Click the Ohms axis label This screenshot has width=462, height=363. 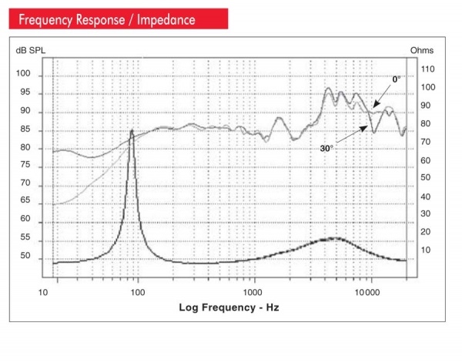(421, 50)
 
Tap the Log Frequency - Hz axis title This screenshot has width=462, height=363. (229, 308)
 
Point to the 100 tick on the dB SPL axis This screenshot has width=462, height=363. (25, 75)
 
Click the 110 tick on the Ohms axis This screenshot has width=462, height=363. (427, 69)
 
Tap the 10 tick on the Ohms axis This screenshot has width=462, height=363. (425, 250)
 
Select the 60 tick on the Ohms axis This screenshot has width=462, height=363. (425, 160)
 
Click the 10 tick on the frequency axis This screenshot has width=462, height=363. (45, 294)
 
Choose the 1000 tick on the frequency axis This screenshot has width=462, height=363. (253, 294)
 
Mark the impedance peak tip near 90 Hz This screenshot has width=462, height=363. (132, 131)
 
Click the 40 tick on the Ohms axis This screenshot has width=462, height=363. (425, 197)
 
